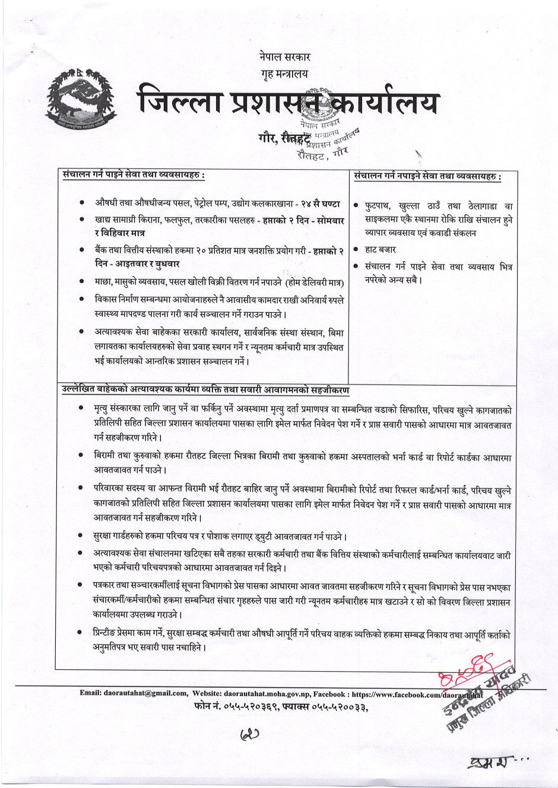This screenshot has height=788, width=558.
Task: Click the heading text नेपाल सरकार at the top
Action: [x=285, y=58]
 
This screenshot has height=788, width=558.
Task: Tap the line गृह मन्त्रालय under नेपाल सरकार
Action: [x=285, y=74]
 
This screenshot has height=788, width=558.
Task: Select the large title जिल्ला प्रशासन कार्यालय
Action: [x=289, y=102]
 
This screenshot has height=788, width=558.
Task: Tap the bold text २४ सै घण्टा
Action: [x=321, y=204]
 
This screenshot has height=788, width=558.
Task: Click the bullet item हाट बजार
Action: [x=381, y=250]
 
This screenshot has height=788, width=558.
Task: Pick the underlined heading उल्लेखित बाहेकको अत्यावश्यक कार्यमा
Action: [x=205, y=390]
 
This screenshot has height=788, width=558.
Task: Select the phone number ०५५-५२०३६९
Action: [x=246, y=706]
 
